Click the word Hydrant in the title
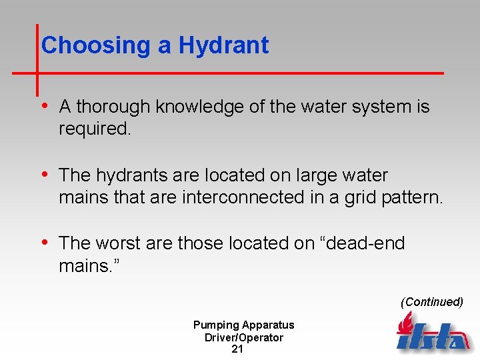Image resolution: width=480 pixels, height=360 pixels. pos(223,46)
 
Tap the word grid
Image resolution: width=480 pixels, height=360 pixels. pos(363,198)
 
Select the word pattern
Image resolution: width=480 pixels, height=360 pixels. pos(414,197)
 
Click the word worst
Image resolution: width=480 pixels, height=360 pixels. pos(119,243)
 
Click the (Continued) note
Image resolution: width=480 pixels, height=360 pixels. pos(431,302)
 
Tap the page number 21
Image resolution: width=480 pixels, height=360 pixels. pos(237,349)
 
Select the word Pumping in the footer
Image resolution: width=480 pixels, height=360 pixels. pos(216,325)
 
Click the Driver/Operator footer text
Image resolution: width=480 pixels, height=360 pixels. pos(244,337)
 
